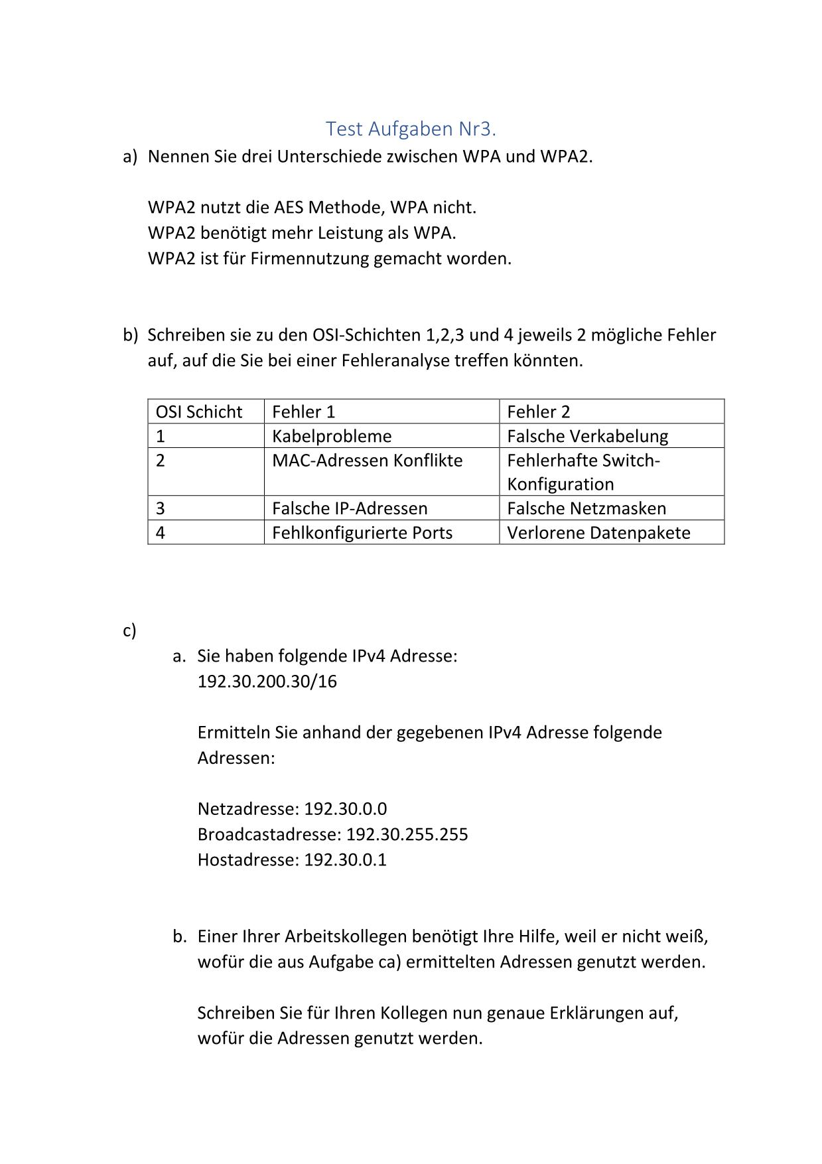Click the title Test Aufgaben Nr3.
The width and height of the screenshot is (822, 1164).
tap(411, 128)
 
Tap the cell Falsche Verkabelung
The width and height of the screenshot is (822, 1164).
tap(587, 436)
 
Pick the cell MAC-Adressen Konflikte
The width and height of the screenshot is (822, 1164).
tap(367, 461)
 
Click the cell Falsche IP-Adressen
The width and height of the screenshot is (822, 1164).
tap(350, 508)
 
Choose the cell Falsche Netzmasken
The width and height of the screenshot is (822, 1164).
tap(586, 508)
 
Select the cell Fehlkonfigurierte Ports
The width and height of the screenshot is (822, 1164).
tap(362, 533)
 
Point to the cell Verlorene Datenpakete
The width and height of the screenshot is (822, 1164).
tap(598, 533)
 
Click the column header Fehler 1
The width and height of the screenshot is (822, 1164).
tap(303, 412)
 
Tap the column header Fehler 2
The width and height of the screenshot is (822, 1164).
tap(538, 412)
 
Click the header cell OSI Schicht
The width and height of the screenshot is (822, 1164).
tap(199, 412)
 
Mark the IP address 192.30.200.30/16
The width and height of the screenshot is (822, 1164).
tap(267, 682)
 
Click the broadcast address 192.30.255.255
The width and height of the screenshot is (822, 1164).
tap(407, 834)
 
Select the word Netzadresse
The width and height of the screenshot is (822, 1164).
tap(247, 809)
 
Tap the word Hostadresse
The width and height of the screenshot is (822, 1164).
tap(247, 860)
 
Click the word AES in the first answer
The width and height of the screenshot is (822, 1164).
tap(289, 208)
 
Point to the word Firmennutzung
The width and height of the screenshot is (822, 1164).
tap(309, 258)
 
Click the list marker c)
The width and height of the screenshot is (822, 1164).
tap(129, 630)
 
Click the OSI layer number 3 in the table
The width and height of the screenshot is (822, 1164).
tap(160, 508)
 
